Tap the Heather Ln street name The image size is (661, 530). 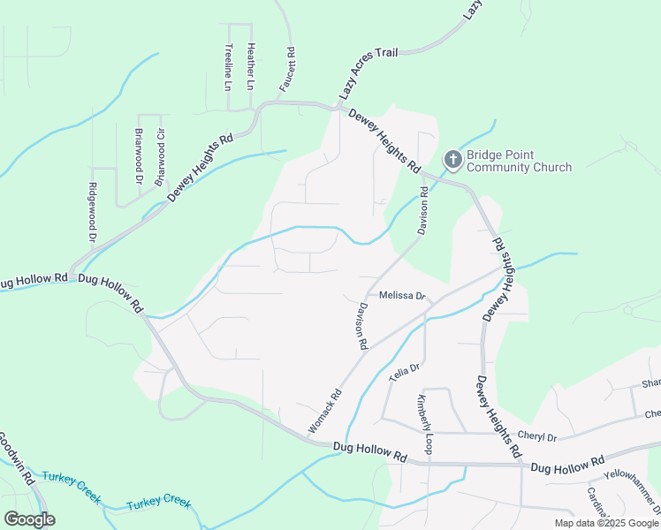[250, 66]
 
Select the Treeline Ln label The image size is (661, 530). [228, 67]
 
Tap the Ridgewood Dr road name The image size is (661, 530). [92, 212]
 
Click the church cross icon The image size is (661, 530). [452, 160]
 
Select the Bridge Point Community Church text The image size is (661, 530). [519, 160]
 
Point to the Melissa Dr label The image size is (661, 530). [402, 297]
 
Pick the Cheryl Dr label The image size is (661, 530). [537, 436]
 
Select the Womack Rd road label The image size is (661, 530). [324, 413]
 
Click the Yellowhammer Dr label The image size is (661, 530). [626, 485]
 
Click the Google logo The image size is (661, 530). [28, 519]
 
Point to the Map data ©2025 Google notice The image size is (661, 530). [606, 523]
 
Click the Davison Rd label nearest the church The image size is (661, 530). [423, 211]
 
